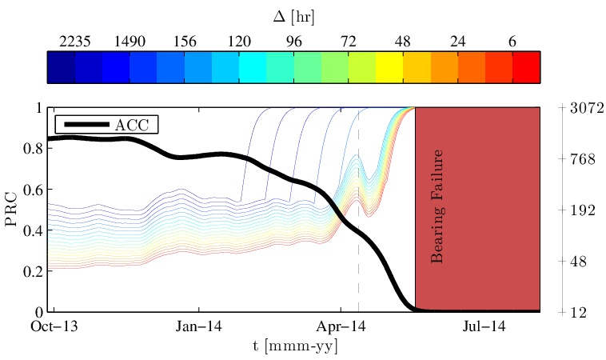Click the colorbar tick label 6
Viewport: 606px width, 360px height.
[x=512, y=42]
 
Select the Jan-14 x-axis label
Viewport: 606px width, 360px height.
[x=198, y=326]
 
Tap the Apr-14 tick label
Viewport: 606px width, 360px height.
[x=341, y=326]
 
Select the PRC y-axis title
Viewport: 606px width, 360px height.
[x=12, y=210]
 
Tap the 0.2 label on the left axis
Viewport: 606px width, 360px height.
[x=34, y=271]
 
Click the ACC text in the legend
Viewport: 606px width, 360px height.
[x=137, y=125]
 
